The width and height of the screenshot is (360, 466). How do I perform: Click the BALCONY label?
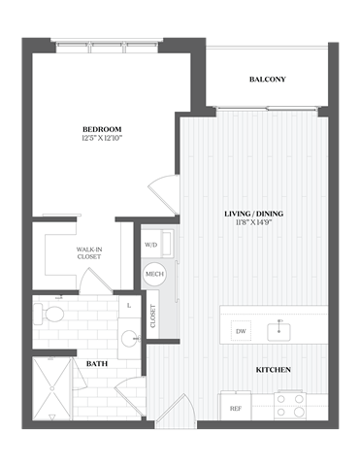click(267, 79)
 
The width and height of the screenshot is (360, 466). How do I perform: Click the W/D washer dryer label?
click(151, 245)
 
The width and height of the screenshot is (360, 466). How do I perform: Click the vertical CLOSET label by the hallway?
click(153, 316)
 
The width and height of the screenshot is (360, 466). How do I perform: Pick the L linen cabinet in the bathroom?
click(129, 306)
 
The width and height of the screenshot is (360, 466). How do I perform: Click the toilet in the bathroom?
click(51, 315)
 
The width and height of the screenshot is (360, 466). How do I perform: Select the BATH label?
click(97, 365)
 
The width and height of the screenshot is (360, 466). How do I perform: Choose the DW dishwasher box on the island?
click(241, 332)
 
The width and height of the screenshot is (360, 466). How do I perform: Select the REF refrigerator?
click(236, 409)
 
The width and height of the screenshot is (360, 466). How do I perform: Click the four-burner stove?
click(289, 404)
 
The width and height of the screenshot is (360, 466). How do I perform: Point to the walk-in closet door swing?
click(95, 280)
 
